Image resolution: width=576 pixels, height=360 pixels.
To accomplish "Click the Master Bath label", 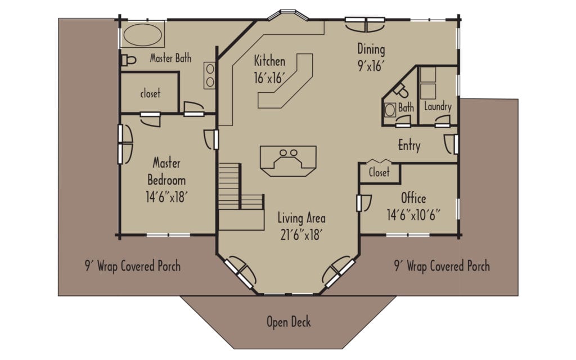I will click(170, 58).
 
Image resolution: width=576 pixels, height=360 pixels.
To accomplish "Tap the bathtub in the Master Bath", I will click(143, 35).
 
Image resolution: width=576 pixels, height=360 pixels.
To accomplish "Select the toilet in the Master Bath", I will click(129, 59).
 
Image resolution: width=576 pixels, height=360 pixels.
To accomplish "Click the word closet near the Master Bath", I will click(150, 93).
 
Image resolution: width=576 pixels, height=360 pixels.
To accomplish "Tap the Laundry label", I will click(438, 106).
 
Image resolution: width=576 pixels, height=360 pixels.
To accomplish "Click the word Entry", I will click(409, 145).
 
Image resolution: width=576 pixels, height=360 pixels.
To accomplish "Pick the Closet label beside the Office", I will click(379, 173).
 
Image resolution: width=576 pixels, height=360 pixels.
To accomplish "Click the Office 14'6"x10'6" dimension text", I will click(413, 214).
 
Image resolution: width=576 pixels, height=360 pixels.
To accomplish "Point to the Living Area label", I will click(301, 218).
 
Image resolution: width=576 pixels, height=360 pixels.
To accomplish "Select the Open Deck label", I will click(288, 322).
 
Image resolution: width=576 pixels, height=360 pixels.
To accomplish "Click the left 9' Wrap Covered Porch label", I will click(133, 265).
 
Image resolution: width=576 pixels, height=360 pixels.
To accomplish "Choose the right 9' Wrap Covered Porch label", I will click(442, 265).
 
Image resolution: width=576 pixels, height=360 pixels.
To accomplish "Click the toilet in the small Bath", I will click(401, 90).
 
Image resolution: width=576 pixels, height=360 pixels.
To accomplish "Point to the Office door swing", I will click(365, 201).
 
